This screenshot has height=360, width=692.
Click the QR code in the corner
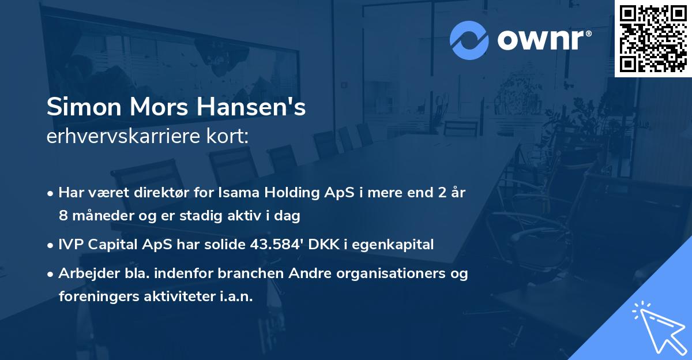653,38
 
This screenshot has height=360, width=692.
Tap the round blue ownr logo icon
469,40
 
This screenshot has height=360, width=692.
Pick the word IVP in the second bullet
70,245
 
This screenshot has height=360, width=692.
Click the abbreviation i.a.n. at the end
234,296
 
